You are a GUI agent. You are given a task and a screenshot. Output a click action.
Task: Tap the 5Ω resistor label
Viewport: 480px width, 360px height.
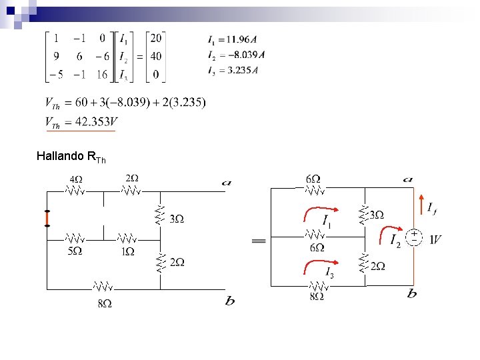[75, 251]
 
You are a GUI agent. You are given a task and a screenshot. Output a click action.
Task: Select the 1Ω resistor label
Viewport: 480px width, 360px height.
[127, 251]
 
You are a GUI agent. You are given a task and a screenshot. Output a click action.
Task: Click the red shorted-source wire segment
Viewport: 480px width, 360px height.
[47, 219]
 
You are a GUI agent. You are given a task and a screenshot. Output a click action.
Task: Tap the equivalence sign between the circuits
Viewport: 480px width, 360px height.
[259, 241]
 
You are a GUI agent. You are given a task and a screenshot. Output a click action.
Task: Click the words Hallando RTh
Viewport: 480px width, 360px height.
[71, 157]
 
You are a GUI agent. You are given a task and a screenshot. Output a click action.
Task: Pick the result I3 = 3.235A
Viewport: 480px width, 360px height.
[233, 69]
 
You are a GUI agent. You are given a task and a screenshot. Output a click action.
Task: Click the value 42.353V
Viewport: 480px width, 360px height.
[91, 122]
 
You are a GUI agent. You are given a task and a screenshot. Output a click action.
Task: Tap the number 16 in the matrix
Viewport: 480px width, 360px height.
[101, 75]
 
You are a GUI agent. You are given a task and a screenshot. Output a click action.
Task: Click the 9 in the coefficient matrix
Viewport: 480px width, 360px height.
[57, 57]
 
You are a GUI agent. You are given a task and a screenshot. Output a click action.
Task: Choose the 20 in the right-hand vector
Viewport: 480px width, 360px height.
[156, 39]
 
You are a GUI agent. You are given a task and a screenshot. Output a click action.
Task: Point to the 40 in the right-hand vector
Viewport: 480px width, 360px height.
[156, 57]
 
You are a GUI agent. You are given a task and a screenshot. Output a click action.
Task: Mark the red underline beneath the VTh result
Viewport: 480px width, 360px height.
[79, 131]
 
